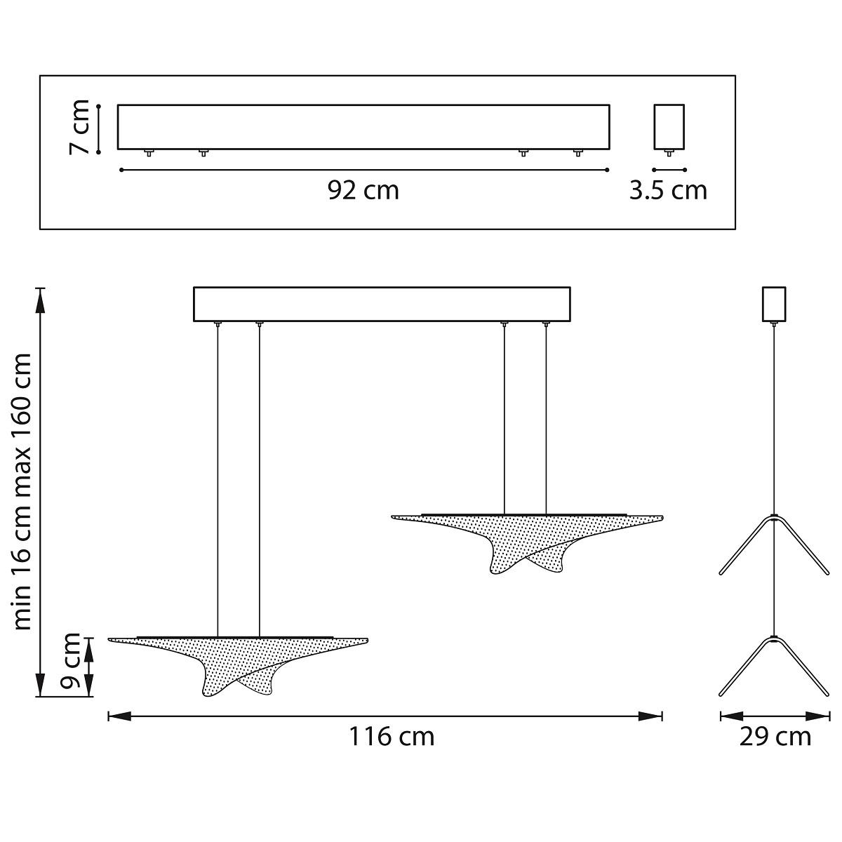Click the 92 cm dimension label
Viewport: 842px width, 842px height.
click(x=363, y=191)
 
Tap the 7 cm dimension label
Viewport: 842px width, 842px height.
click(x=79, y=127)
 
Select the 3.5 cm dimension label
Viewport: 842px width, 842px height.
click(x=668, y=191)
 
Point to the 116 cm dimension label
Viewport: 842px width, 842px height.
click(x=392, y=737)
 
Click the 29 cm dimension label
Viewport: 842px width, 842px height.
click(x=775, y=737)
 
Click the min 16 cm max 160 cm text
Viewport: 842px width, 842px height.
click(x=22, y=492)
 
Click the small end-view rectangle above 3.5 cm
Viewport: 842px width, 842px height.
click(x=669, y=127)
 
